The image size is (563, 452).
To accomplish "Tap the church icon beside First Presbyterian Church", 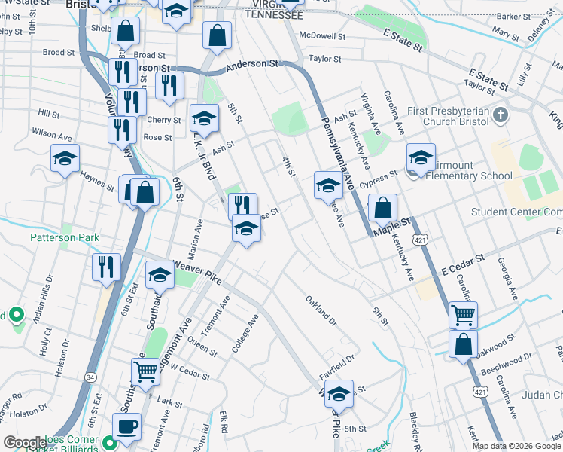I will [x=503, y=116].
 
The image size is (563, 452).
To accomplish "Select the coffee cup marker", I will [x=126, y=426].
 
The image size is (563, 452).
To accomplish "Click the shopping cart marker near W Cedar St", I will [x=145, y=370].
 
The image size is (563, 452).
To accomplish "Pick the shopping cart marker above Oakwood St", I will [x=463, y=314].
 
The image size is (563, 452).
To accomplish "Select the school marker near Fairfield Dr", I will [x=339, y=394].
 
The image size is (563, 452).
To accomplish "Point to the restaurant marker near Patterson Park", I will [x=106, y=266].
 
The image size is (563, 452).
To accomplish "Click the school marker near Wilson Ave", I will [x=65, y=159].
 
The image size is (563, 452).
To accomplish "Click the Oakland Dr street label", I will [x=321, y=311].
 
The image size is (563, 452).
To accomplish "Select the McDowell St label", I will [x=322, y=35].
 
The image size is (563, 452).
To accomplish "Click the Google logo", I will [x=25, y=443].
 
